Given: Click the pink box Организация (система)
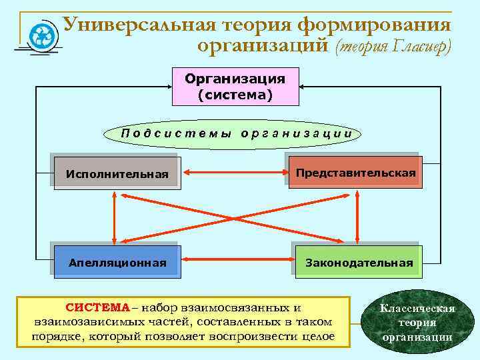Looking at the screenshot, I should [235, 87].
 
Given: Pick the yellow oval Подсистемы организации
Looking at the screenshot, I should [237, 133].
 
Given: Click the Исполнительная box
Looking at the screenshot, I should [117, 174].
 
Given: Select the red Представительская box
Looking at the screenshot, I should [356, 173].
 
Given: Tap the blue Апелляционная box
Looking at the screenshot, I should [117, 262].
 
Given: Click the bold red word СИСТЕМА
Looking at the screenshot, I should [97, 307].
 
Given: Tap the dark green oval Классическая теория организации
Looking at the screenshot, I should [417, 323].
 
